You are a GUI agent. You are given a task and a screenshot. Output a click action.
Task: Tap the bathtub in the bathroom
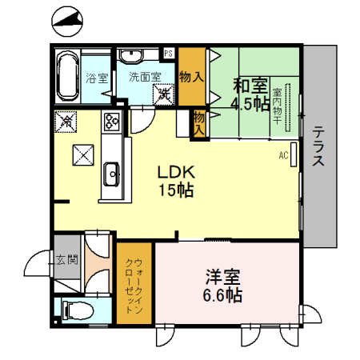tap(66, 74)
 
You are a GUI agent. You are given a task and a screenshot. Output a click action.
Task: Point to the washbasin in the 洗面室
tap(130, 55)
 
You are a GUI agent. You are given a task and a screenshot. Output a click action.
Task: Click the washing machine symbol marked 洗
tap(165, 94)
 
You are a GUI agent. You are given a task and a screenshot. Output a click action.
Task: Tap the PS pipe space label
tap(169, 53)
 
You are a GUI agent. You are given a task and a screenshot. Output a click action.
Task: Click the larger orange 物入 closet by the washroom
tap(190, 77)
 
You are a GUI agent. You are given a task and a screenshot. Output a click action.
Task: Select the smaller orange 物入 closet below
tap(198, 121)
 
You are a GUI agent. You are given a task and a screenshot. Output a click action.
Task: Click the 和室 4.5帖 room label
tap(249, 93)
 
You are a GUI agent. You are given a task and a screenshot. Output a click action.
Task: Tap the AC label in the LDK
tap(284, 154)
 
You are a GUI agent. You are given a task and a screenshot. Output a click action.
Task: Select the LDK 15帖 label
tap(175, 181)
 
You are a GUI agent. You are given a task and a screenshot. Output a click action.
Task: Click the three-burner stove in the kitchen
tap(110, 123)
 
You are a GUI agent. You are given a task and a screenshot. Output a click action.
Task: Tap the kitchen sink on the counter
tap(112, 172)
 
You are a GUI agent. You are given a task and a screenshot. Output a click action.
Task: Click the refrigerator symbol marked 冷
tap(65, 122)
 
